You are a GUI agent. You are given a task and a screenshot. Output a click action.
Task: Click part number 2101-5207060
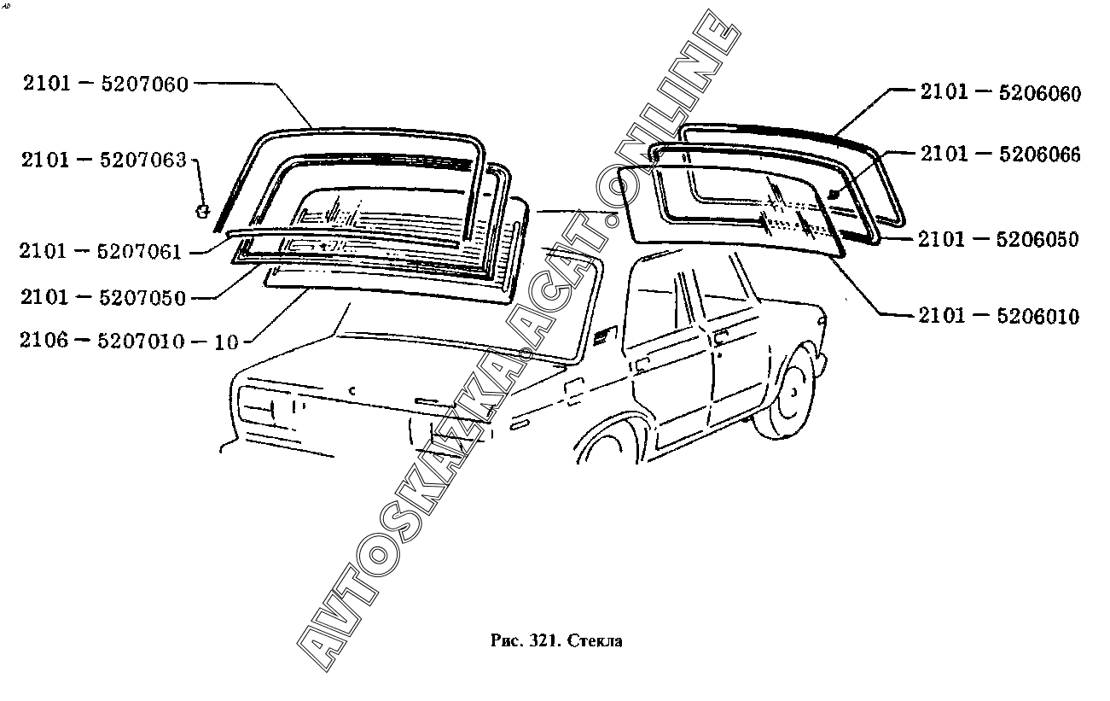pyautogui.click(x=106, y=85)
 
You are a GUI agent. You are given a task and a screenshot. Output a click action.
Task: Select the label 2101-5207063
pyautogui.click(x=103, y=161)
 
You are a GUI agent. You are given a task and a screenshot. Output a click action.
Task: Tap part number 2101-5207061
pyautogui.click(x=101, y=251)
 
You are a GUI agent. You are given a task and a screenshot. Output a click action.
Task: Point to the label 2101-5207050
pyautogui.click(x=103, y=297)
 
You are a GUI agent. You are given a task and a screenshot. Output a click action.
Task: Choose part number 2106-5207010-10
pyautogui.click(x=130, y=341)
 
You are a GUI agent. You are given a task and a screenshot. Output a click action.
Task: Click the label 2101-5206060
pyautogui.click(x=1001, y=93)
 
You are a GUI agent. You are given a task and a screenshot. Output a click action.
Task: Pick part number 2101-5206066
pyautogui.click(x=1001, y=155)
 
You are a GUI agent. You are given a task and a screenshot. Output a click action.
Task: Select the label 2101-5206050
pyautogui.click(x=998, y=239)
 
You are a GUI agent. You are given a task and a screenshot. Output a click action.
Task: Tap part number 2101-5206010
pyautogui.click(x=998, y=316)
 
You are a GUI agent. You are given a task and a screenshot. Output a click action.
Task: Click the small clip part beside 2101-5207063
pyautogui.click(x=202, y=211)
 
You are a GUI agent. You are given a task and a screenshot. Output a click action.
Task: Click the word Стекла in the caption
pyautogui.click(x=595, y=641)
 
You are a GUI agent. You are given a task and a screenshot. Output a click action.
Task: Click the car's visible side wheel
pyautogui.click(x=787, y=395)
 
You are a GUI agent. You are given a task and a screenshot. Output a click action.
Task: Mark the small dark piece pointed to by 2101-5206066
pyautogui.click(x=834, y=194)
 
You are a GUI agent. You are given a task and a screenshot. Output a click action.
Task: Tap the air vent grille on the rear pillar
pyautogui.click(x=602, y=337)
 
